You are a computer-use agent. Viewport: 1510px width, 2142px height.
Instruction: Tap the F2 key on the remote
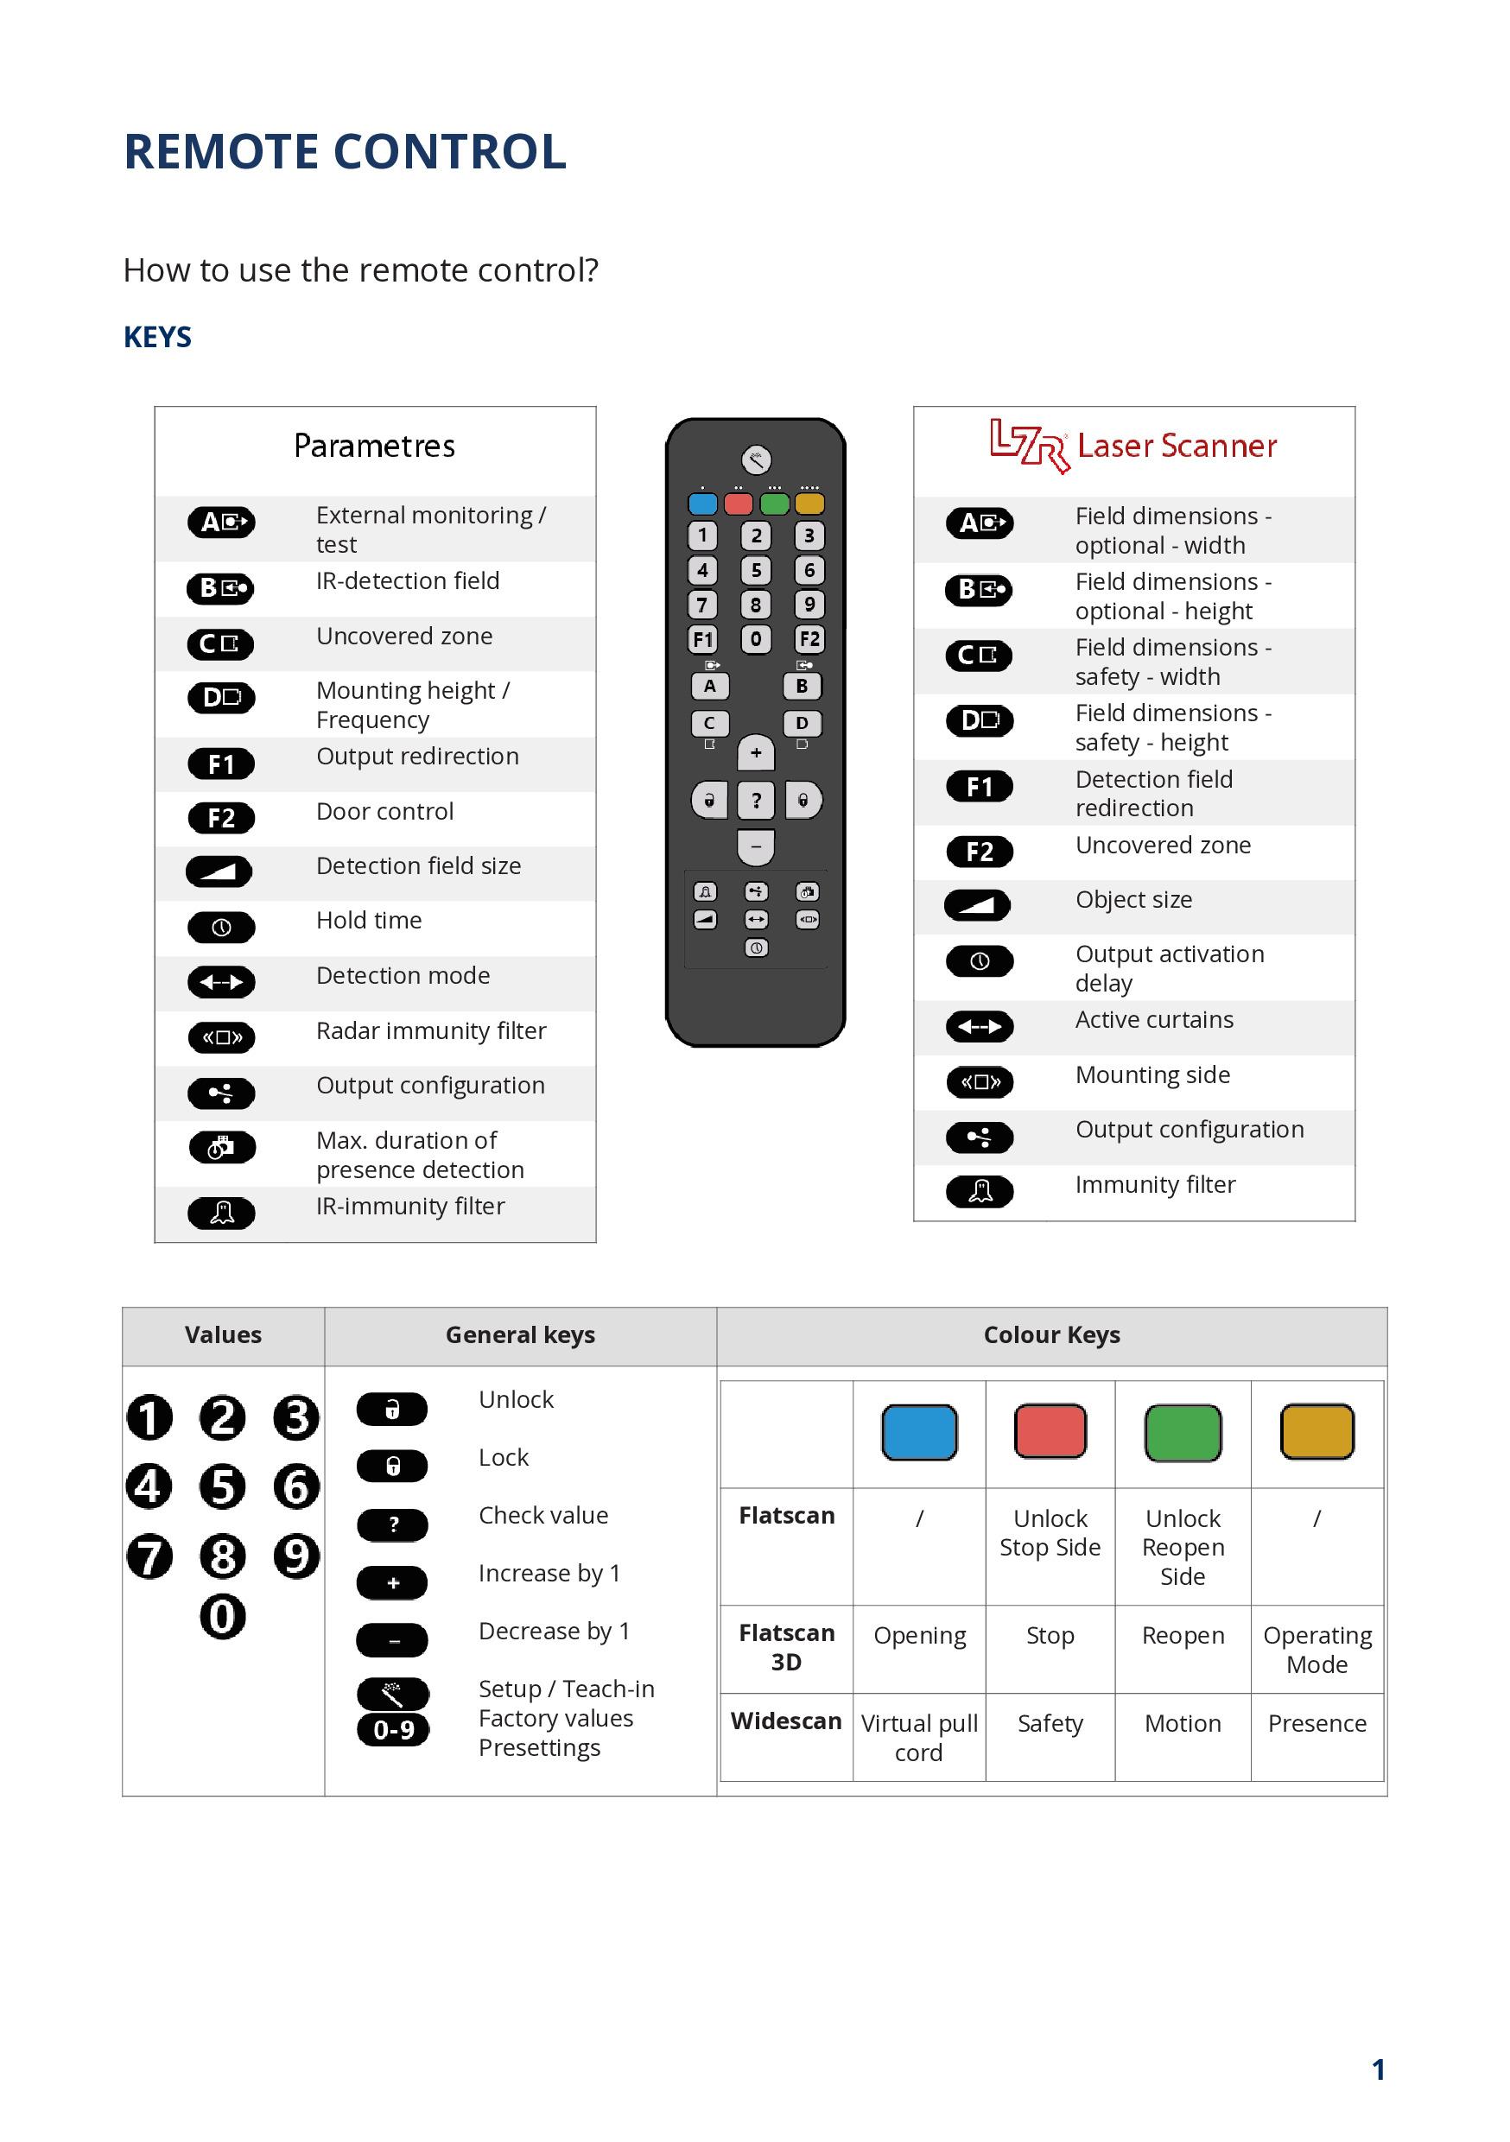click(809, 639)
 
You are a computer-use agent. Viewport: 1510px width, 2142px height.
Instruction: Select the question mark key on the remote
click(756, 801)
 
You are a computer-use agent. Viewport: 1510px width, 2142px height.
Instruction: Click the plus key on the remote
click(756, 753)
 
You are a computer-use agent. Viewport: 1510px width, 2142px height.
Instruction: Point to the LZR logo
click(1029, 445)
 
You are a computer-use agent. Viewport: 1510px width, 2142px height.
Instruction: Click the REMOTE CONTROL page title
click(345, 152)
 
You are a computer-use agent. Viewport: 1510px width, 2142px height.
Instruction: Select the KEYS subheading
click(156, 337)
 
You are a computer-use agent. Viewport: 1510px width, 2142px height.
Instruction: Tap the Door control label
click(384, 812)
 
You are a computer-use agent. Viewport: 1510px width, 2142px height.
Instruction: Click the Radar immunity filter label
click(431, 1031)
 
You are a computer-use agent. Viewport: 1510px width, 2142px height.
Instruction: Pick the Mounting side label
click(1152, 1074)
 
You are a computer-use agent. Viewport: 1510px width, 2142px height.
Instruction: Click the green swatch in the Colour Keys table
click(1183, 1432)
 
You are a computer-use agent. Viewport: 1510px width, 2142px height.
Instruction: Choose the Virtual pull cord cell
click(918, 1737)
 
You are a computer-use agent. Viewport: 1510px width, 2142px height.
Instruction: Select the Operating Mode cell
click(1316, 1650)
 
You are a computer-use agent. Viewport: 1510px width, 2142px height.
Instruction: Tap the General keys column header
click(520, 1335)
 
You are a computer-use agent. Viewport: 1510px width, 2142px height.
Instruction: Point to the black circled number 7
click(149, 1556)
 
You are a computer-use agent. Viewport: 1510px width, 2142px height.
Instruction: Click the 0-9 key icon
click(393, 1730)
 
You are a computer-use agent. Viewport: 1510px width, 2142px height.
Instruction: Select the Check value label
click(543, 1515)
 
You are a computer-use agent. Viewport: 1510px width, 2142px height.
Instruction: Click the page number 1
click(1378, 2069)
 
